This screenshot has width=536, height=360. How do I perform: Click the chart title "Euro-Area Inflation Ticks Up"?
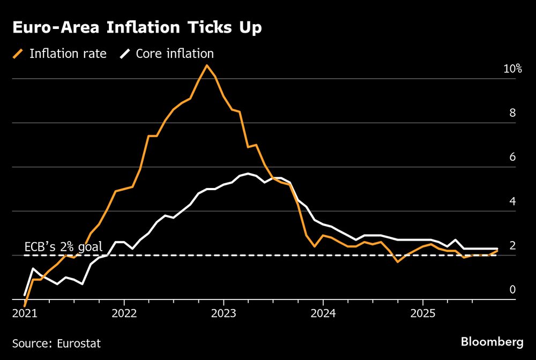tap(137, 28)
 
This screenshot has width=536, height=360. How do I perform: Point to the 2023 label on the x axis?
tap(224, 313)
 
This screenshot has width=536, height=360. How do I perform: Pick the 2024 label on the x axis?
tap(323, 313)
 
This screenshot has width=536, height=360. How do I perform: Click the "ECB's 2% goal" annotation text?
tap(63, 247)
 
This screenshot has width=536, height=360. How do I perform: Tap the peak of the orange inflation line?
tap(206, 65)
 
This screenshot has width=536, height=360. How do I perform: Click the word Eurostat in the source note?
tap(80, 343)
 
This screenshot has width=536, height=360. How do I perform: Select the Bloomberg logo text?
tap(492, 341)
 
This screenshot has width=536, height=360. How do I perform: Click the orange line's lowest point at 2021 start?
tap(25, 305)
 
